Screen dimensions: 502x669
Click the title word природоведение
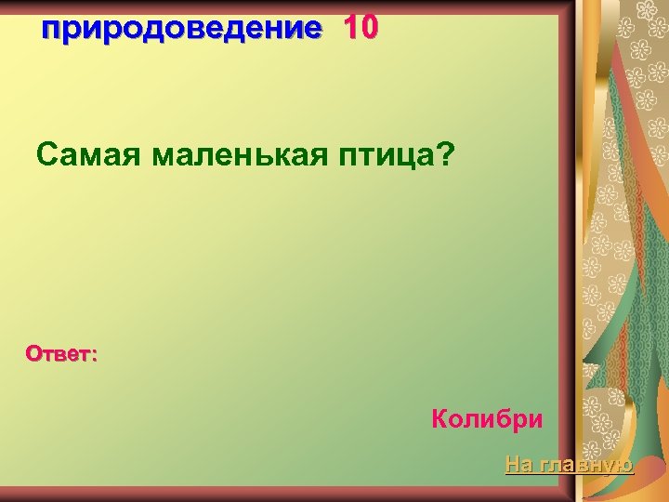(181, 30)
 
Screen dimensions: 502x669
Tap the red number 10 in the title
(361, 29)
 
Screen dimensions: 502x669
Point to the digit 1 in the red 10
(350, 29)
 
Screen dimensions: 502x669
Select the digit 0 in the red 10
(369, 29)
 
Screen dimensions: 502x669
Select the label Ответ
(59, 353)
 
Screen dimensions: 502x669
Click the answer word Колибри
(487, 418)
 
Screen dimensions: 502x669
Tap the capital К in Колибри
(439, 418)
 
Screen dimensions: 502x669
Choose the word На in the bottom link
(518, 463)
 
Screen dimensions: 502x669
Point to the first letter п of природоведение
(51, 31)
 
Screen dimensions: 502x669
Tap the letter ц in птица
(405, 157)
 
